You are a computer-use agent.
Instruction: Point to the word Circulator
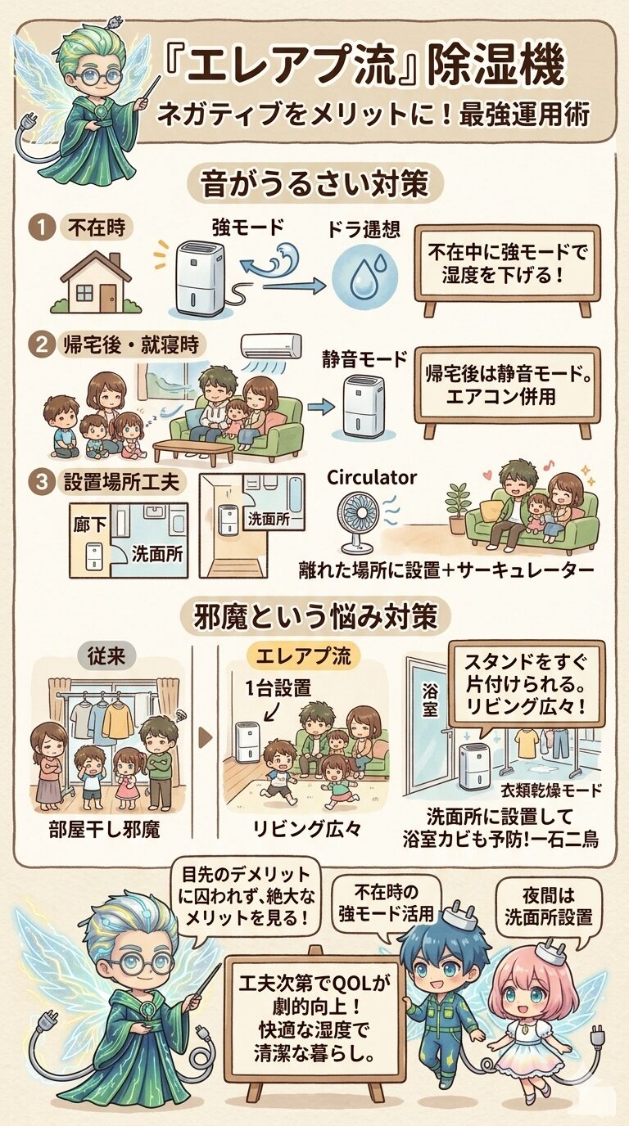[x=371, y=477]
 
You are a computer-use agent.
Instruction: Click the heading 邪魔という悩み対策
[x=314, y=617]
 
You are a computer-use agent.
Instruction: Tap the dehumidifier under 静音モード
[x=364, y=406]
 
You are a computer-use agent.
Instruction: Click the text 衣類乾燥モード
[x=551, y=790]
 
